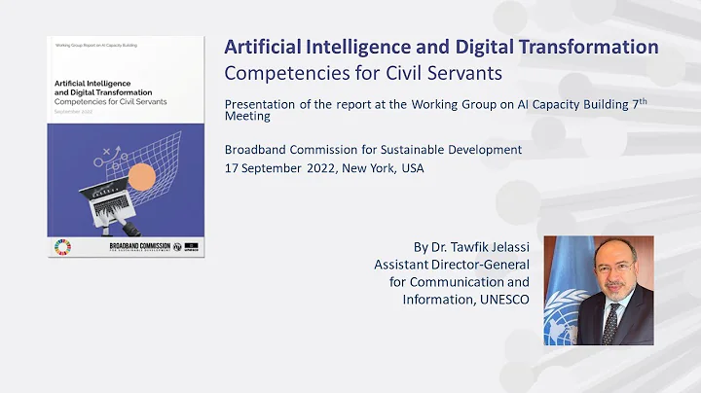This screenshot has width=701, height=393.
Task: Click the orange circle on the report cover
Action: [x=141, y=176]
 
